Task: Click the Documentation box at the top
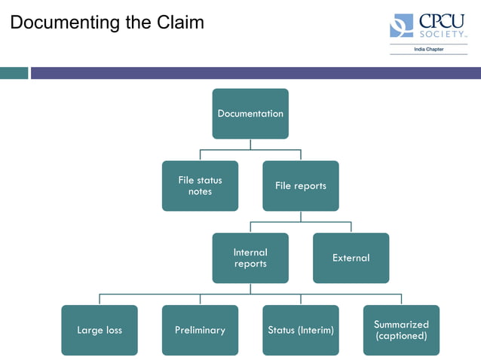click(250, 114)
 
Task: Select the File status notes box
click(200, 186)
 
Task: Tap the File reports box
click(301, 186)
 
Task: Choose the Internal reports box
click(250, 258)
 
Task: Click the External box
click(351, 258)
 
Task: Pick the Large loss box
click(100, 330)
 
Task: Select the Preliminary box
click(200, 330)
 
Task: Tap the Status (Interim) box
click(301, 330)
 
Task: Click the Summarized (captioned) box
click(401, 330)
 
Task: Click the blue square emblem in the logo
click(401, 26)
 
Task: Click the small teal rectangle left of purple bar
click(14, 73)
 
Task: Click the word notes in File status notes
click(201, 192)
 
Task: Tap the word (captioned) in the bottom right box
click(401, 336)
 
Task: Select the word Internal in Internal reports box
click(250, 252)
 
